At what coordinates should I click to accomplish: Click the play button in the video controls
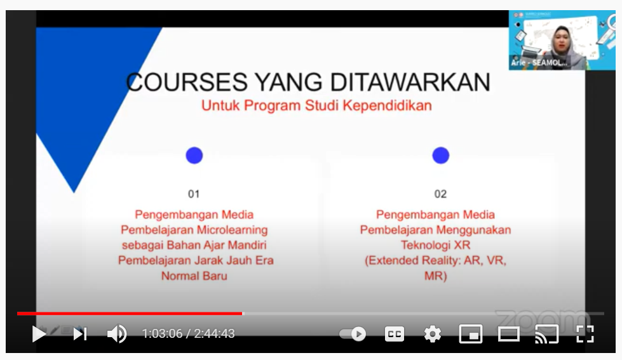[x=39, y=334]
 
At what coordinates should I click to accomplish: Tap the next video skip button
[x=79, y=334]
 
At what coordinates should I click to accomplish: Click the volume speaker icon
[x=117, y=334]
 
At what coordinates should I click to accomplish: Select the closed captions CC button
[x=395, y=334]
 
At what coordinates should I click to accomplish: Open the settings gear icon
[x=433, y=334]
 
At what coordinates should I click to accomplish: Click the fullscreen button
[x=585, y=334]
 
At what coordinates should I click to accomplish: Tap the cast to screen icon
[x=546, y=334]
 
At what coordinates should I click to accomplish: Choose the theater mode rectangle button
[x=508, y=334]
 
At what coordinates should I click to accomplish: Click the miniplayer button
[x=470, y=334]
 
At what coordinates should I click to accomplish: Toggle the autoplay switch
[x=353, y=334]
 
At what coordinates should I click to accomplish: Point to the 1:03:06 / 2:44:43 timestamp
[x=189, y=334]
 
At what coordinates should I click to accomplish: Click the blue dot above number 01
[x=194, y=156]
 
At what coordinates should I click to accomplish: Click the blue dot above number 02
[x=440, y=156]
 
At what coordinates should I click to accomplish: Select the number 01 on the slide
[x=194, y=194]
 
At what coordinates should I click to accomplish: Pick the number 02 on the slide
[x=440, y=194]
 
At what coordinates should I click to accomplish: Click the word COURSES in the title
[x=187, y=82]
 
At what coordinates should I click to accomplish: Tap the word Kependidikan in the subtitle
[x=387, y=105]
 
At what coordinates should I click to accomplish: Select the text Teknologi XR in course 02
[x=435, y=245]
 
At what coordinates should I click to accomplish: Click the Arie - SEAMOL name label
[x=539, y=63]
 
